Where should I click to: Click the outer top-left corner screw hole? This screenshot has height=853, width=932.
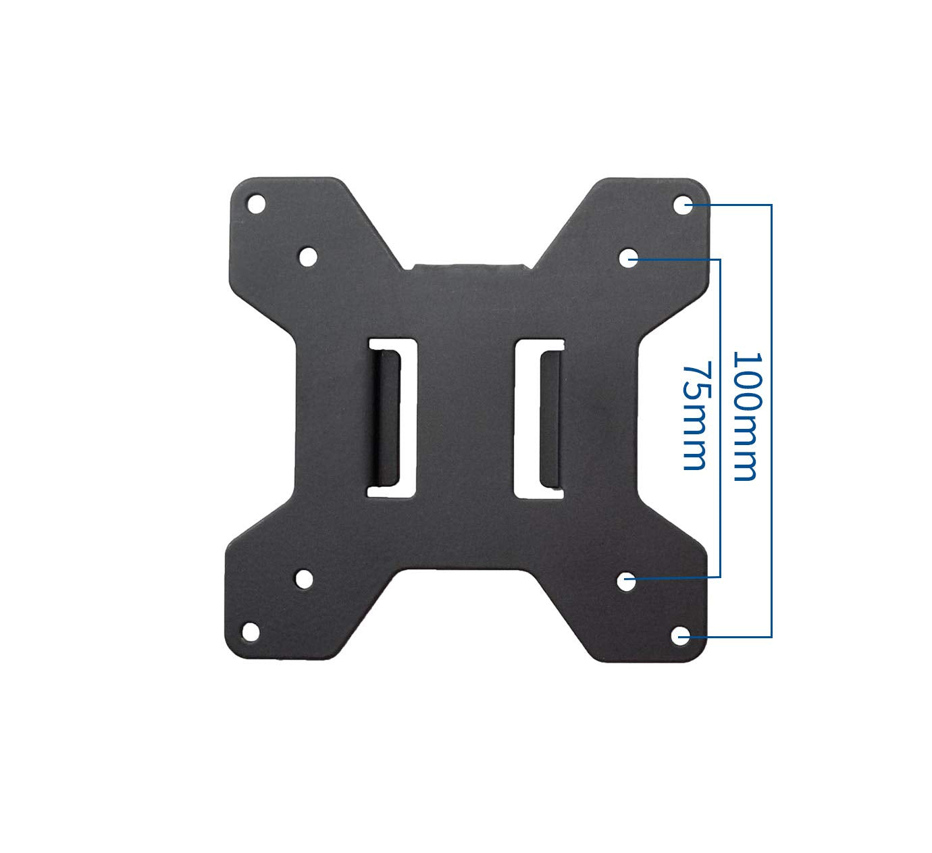point(255,203)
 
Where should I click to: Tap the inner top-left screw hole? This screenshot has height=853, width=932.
point(307,256)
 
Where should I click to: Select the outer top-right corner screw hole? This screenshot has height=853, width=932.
point(683,203)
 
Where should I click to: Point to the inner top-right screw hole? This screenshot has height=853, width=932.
point(629,257)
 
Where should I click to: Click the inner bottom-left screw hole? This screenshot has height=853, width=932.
point(304,578)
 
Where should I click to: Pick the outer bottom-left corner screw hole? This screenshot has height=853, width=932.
point(251,631)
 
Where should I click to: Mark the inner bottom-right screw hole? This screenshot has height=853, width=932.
point(627,579)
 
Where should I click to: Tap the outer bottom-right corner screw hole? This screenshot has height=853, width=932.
point(681,635)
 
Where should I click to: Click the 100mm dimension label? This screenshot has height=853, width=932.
point(747,415)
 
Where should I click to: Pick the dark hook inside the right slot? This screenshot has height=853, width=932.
point(550,418)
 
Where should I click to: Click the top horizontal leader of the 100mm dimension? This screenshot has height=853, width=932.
point(733,204)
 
